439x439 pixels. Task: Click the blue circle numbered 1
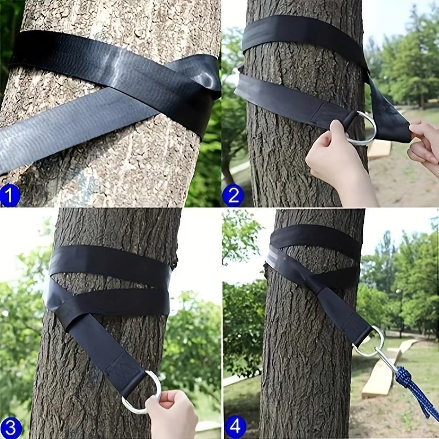pos(9,195)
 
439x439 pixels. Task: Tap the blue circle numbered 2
pos(233,195)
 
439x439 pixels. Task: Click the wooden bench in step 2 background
pos(379,149)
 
